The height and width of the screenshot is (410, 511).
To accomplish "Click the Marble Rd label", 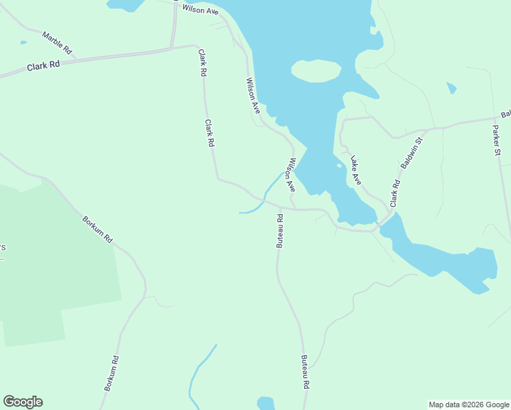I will [x=57, y=42].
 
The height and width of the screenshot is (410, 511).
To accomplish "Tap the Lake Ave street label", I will [x=355, y=171].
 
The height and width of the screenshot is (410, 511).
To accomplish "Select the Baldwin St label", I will [x=412, y=153].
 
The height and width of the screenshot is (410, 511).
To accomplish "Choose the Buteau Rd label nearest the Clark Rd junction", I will [x=279, y=231].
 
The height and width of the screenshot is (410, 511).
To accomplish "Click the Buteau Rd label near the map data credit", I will [x=305, y=372].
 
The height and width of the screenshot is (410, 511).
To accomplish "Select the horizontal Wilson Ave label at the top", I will [x=200, y=10].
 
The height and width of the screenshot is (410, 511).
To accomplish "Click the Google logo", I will [x=23, y=402].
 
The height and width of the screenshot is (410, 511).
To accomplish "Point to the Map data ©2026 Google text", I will [x=468, y=405].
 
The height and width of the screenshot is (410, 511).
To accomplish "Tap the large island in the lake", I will [x=316, y=70].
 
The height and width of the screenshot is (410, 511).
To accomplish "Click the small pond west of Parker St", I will [x=451, y=87].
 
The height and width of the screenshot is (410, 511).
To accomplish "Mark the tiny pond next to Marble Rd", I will [x=24, y=42].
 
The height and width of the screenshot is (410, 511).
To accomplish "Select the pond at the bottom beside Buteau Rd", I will [x=265, y=403].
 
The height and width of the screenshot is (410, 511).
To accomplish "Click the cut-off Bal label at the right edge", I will [x=506, y=115].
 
